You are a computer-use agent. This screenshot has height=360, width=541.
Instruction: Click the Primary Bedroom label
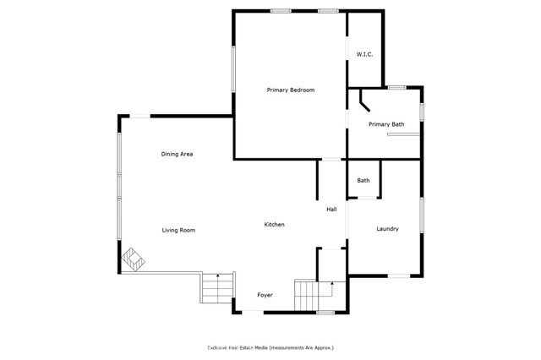click(291, 90)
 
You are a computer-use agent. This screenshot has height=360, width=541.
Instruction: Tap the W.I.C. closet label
click(364, 55)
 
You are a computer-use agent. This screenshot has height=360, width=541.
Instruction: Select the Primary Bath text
click(386, 124)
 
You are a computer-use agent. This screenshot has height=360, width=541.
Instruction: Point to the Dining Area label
click(178, 154)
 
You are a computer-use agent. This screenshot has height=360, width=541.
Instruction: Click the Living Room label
click(179, 230)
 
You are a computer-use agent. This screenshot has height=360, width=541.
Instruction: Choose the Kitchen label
click(274, 224)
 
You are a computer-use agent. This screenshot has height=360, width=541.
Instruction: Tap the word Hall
click(332, 210)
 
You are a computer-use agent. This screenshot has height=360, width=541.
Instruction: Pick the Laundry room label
click(387, 229)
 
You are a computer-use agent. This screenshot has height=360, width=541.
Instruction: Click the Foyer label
click(265, 295)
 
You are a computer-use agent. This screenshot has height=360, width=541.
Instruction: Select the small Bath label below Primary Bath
click(363, 180)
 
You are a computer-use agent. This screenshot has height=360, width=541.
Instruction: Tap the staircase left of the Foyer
click(216, 289)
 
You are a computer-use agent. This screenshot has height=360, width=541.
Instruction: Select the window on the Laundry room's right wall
click(422, 215)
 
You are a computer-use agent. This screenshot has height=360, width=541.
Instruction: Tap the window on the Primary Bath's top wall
click(396, 86)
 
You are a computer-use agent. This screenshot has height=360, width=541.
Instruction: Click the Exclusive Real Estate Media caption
click(270, 347)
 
